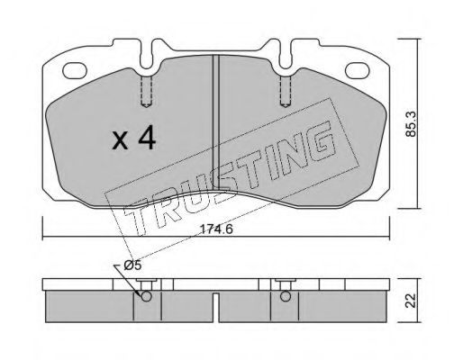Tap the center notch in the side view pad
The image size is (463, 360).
215,315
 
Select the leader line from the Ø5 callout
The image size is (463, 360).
137,278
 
